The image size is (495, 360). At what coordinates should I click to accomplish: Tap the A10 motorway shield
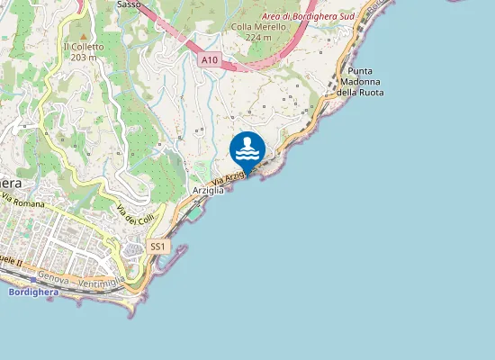pyautogui.click(x=209, y=59)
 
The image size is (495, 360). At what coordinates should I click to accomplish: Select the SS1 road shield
pyautogui.click(x=157, y=247)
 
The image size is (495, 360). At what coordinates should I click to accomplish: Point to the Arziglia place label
pyautogui.click(x=207, y=191)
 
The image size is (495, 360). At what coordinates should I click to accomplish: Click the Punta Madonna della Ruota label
pyautogui.click(x=360, y=81)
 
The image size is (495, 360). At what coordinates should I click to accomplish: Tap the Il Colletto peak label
pyautogui.click(x=84, y=47)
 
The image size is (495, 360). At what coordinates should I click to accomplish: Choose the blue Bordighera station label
pyautogui.click(x=32, y=292)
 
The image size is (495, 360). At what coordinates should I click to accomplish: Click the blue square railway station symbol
pyautogui.click(x=33, y=280)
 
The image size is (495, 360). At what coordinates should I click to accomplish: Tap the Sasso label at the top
pyautogui.click(x=129, y=4)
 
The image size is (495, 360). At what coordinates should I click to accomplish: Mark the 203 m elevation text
pyautogui.click(x=84, y=58)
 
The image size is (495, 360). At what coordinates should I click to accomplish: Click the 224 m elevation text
pyautogui.click(x=258, y=38)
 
